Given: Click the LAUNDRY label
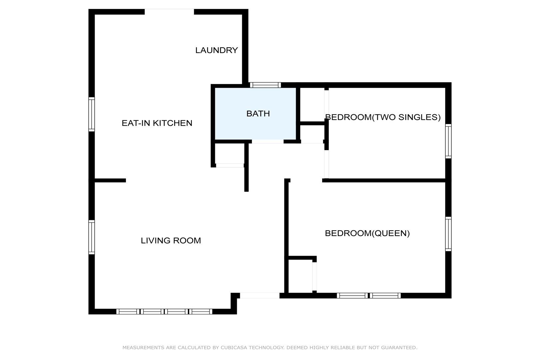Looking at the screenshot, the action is pos(217,50).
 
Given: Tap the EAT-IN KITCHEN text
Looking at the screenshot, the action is pos(157,123).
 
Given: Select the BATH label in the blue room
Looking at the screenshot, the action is pos(258,113).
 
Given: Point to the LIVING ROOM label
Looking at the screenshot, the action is pos(171,240).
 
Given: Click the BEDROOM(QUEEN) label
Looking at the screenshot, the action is pos(367,233).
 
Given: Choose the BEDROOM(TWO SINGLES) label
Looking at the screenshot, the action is pos(383,117).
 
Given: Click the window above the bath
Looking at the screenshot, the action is pos(266,85).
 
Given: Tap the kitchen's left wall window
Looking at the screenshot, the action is pos(92,114).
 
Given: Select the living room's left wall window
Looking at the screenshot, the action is pos(92,237).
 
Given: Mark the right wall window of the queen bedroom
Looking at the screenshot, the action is pos(448,234).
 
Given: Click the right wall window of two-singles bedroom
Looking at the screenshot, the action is pos(448,141).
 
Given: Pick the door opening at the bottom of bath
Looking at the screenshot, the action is pos(268,142).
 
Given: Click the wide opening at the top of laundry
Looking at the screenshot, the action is pos(169,12).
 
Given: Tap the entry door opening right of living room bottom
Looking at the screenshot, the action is pos(260,296).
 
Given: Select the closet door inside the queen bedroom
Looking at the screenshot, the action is pos(314,276).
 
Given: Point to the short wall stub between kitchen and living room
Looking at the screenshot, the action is pos(110,180).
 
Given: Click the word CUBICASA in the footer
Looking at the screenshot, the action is pos(234,347).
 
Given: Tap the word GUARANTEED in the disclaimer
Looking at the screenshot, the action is pos(399,347).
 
